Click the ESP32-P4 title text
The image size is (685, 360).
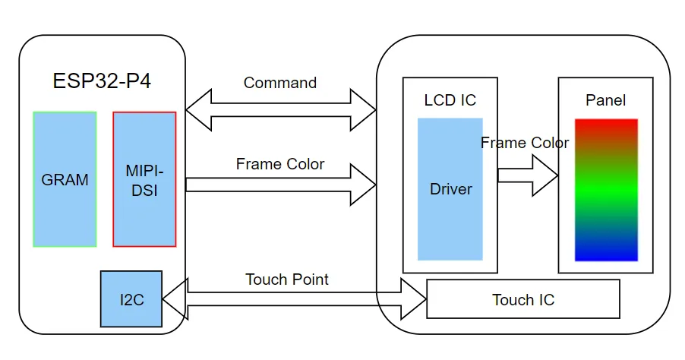102,81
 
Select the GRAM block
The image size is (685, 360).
65,180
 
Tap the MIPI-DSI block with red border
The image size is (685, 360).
144,180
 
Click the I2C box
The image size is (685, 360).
131,299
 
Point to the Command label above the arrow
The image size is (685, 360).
279,83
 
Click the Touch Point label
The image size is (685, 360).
287,279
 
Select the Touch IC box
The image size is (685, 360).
523,300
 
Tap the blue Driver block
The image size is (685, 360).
450,189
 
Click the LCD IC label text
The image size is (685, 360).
450,100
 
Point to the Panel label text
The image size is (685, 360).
605,100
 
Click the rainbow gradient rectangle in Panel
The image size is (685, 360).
606,190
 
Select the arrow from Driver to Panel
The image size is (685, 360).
528,175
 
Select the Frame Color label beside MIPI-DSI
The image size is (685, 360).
279,164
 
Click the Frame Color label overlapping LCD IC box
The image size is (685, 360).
524,143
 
